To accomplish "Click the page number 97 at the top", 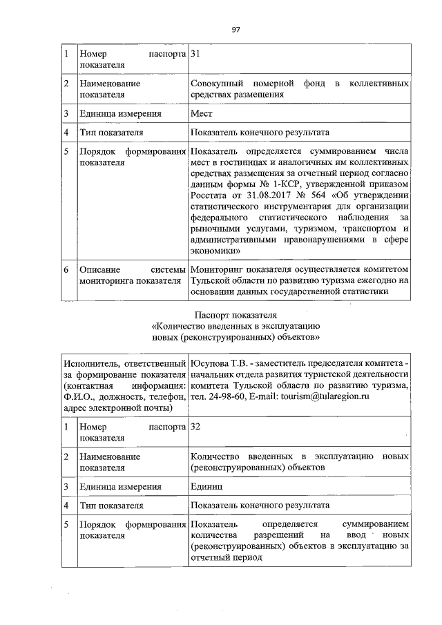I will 236,28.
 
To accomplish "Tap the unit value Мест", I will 202,113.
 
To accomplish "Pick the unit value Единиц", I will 207,486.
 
